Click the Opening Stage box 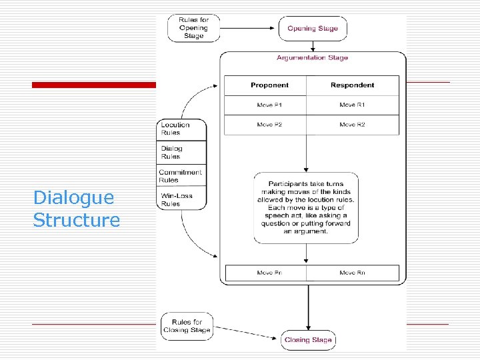click(312, 29)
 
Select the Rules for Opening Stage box click(193, 29)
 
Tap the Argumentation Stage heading click(312, 58)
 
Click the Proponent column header click(269, 85)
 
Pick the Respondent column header click(352, 85)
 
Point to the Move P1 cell click(269, 105)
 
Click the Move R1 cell click(352, 105)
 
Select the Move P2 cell click(269, 125)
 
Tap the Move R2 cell click(352, 125)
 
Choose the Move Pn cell click(269, 273)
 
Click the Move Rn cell click(352, 273)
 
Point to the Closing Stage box click(308, 340)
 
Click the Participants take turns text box click(306, 207)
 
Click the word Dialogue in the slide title click(73, 197)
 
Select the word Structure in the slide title click(76, 220)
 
